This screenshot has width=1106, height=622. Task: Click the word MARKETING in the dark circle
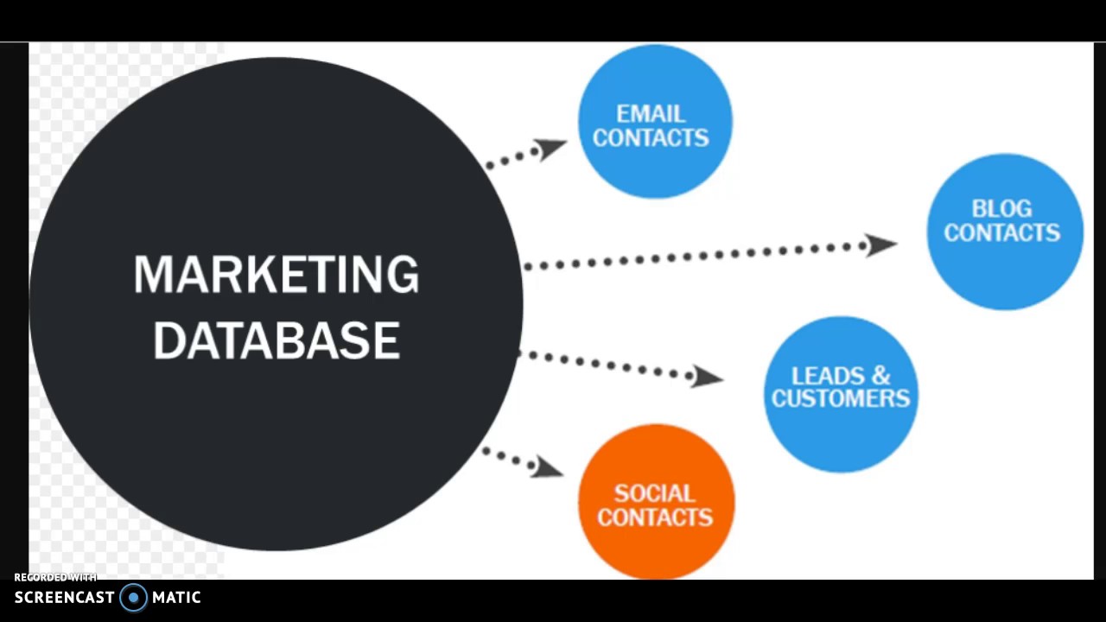coord(276,275)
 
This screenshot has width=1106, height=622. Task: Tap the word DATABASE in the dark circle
coord(276,340)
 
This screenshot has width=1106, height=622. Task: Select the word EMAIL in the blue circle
coord(650,114)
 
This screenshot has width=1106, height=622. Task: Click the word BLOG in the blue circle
coord(1001,209)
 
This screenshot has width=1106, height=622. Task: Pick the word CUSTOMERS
coord(841,398)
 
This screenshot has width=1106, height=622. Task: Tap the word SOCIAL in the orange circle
coord(654,494)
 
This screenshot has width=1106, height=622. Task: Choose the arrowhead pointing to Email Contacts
coord(550,149)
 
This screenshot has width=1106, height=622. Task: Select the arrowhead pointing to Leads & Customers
coord(708,377)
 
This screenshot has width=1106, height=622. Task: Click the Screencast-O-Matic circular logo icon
coord(133,597)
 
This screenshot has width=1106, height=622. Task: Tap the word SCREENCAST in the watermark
coord(65,597)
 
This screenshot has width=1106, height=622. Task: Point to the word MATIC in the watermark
coord(176,597)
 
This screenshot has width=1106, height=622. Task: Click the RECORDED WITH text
coord(55,577)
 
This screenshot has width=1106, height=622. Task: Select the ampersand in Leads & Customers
coord(880,376)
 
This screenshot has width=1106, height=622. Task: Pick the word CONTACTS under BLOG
coord(1001,232)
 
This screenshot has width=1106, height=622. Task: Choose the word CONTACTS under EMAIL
coord(650,138)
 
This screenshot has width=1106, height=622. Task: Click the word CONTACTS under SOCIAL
coord(654,517)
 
